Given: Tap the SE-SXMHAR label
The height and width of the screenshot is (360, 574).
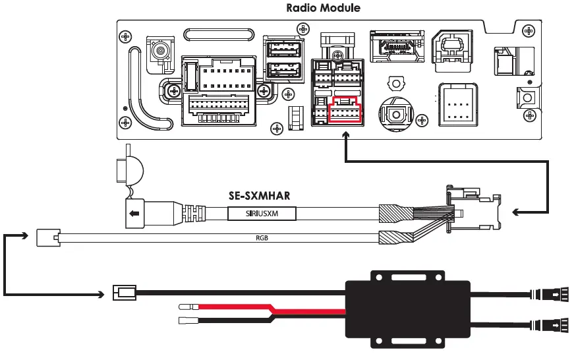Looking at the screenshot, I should click(259, 196).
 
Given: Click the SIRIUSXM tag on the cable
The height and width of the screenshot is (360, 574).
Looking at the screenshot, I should click(262, 214).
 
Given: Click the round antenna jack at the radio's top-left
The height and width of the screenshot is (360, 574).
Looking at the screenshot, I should click(159, 51).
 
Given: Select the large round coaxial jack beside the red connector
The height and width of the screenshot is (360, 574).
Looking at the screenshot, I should click(397, 114).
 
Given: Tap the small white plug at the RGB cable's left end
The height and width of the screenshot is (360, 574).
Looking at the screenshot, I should click(48, 237).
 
